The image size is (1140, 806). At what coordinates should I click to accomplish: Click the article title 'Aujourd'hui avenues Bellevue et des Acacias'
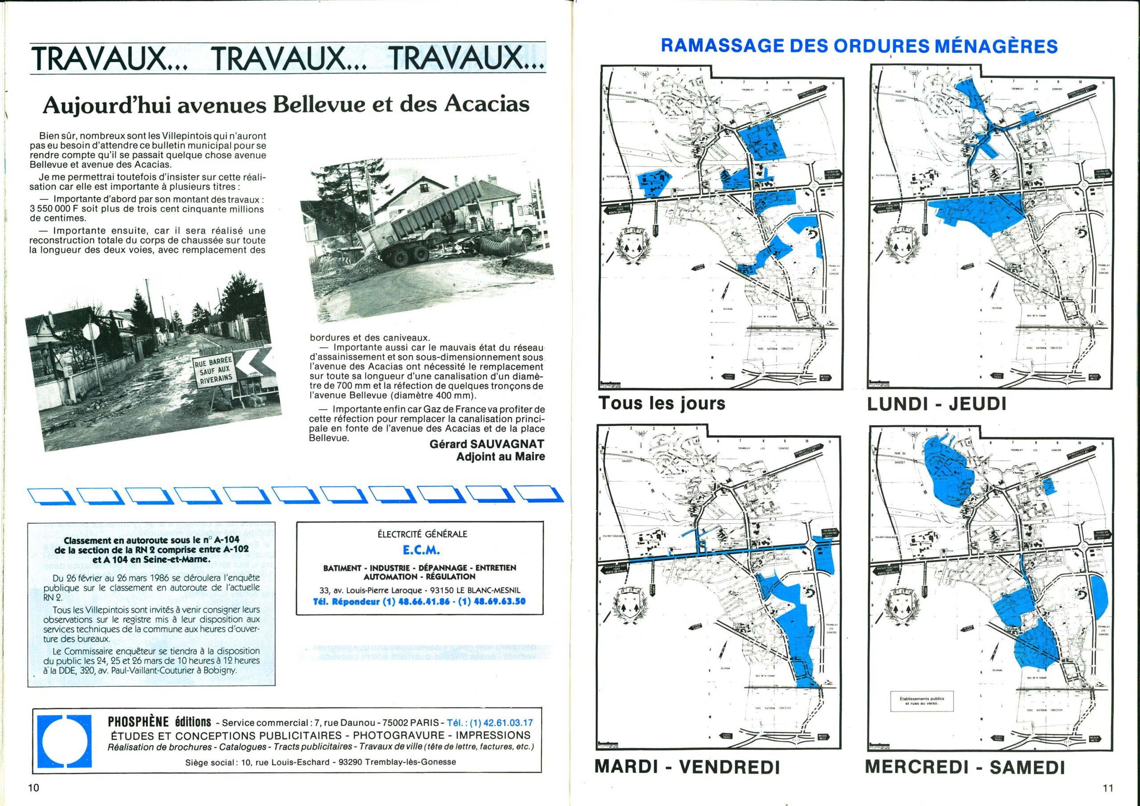pos(285,104)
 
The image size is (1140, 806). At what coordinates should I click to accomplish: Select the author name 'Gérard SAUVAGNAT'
pos(487,444)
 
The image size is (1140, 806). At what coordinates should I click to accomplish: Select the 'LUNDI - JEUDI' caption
pos(936,404)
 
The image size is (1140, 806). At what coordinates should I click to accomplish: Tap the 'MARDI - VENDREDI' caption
pos(687,767)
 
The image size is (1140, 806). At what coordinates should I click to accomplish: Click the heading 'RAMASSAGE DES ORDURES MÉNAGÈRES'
pos(859,46)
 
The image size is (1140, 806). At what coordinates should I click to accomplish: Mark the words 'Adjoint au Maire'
pos(501,456)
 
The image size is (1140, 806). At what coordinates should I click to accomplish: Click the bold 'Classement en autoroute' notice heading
pos(137,551)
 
